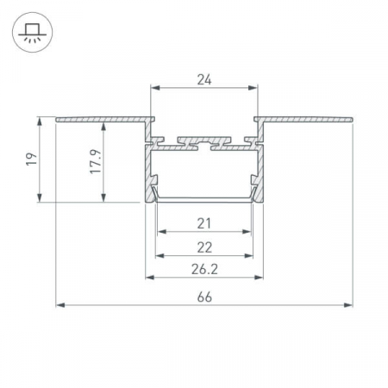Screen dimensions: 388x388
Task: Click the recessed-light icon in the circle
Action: pyautogui.click(x=32, y=32)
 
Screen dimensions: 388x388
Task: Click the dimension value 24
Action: pyautogui.click(x=204, y=79)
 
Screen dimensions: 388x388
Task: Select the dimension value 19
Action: pyautogui.click(x=32, y=159)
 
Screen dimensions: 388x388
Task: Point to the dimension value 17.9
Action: pyautogui.click(x=96, y=161)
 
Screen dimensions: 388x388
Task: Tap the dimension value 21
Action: pyautogui.click(x=204, y=223)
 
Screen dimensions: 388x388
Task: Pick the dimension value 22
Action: pyautogui.click(x=204, y=247)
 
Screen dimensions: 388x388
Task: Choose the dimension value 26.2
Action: pyautogui.click(x=204, y=269)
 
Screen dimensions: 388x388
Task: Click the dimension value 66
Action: pyautogui.click(x=204, y=297)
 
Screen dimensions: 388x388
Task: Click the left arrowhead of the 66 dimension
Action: pyautogui.click(x=60, y=305)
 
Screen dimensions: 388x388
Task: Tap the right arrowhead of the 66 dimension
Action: pyautogui.click(x=348, y=305)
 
